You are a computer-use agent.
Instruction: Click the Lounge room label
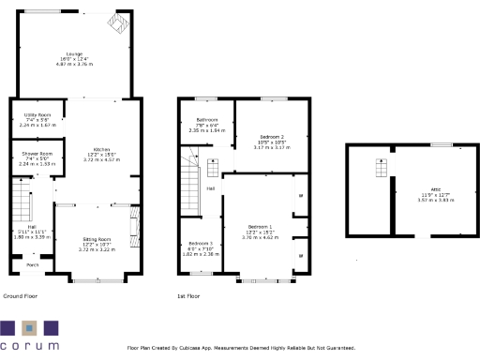tap(74, 53)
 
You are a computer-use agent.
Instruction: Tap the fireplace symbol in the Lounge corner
tap(116, 22)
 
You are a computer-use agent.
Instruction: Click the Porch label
tap(32, 263)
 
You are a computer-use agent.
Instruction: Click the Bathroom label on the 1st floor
tap(206, 119)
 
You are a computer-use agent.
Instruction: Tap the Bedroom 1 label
tap(260, 228)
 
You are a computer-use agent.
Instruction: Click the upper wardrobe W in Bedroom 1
tap(300, 195)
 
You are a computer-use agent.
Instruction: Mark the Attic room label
tap(434, 188)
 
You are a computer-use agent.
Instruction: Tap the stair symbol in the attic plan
tap(381, 170)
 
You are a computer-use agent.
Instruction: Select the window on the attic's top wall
tap(441, 144)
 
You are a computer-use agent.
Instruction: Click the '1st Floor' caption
tap(188, 295)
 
